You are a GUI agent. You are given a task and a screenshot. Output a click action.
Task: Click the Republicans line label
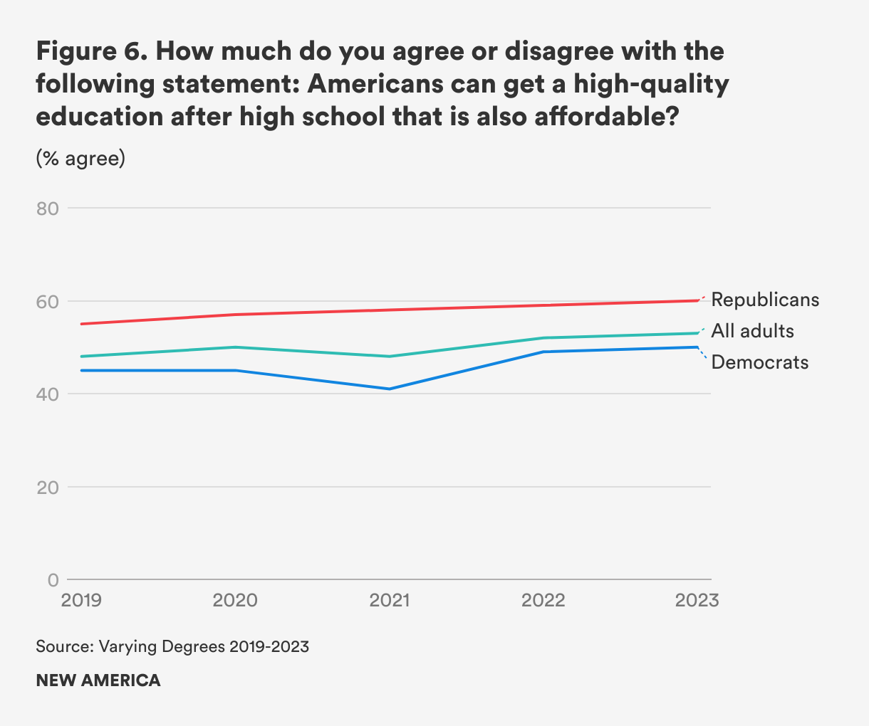765,300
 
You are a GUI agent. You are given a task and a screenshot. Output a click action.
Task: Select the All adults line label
752,331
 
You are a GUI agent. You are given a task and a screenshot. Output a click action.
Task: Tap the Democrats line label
760,362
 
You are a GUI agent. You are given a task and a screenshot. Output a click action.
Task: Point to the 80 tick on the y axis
47,209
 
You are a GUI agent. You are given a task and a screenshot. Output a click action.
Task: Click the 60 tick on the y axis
47,301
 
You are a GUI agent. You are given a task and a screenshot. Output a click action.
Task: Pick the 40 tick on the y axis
47,394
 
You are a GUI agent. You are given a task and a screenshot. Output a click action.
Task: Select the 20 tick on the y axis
47,488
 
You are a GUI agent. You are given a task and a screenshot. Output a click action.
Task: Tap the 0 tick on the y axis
53,580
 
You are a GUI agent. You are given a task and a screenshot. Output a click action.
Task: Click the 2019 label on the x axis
81,600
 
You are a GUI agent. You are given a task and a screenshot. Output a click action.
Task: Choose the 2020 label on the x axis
235,600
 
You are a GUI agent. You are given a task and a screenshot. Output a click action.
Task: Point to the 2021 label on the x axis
390,600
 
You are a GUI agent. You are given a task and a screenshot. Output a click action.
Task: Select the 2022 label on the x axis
543,600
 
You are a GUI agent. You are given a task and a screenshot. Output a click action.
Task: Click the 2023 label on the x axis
697,600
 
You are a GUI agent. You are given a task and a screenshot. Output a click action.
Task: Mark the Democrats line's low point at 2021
390,389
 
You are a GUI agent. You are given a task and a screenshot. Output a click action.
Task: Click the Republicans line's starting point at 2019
82,324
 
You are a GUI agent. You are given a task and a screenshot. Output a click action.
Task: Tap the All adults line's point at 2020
236,347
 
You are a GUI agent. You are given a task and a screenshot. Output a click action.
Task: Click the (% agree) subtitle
80,158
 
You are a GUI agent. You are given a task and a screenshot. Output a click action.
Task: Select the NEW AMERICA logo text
98,680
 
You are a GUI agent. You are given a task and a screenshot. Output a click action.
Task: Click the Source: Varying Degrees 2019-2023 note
172,646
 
